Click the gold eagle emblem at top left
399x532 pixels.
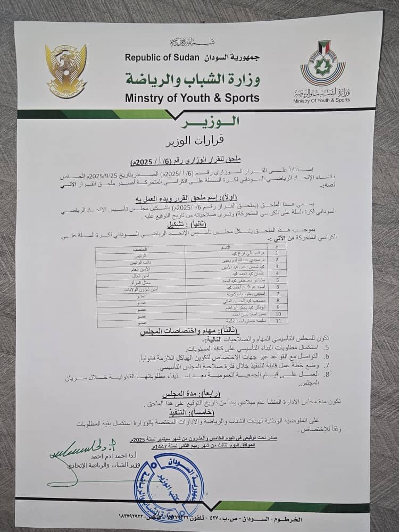(x=65, y=71)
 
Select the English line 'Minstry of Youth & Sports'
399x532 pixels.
(x=192, y=98)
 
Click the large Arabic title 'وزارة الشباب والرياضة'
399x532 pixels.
(x=193, y=78)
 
